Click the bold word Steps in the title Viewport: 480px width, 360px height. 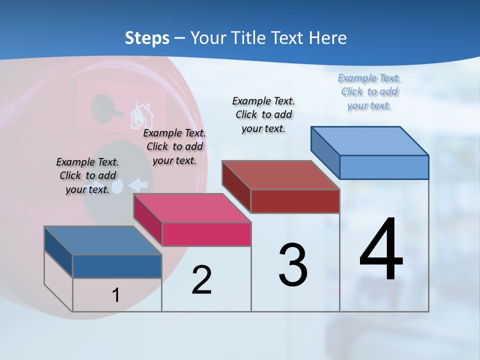click(x=147, y=38)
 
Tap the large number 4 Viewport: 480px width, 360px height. click(x=381, y=249)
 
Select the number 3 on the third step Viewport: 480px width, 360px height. click(x=293, y=264)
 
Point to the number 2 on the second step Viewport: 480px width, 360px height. click(x=201, y=279)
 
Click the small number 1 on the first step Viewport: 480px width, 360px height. click(x=116, y=295)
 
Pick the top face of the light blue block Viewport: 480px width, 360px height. click(x=370, y=140)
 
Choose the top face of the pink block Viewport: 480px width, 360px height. click(x=192, y=208)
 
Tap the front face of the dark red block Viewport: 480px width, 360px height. click(x=295, y=201)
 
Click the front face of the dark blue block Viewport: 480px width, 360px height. click(x=117, y=266)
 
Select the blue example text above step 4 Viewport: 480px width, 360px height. click(x=369, y=92)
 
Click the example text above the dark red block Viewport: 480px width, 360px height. click(x=263, y=114)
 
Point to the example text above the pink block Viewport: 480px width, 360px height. click(x=174, y=146)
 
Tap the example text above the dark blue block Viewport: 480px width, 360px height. click(x=87, y=175)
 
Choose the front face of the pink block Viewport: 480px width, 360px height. click(x=206, y=234)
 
